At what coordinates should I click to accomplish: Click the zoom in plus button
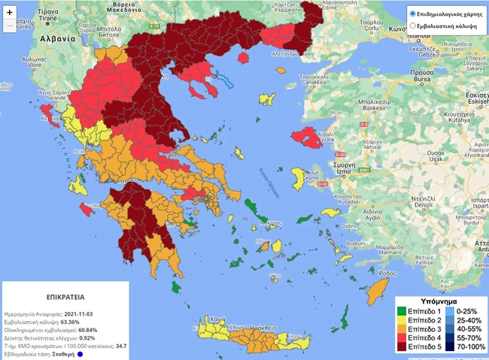pyautogui.click(x=10, y=13)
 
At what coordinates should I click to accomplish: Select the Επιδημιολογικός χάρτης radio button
pyautogui.click(x=413, y=14)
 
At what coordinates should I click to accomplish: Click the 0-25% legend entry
pyautogui.click(x=463, y=310)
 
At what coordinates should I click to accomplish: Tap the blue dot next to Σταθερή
pyautogui.click(x=78, y=352)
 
